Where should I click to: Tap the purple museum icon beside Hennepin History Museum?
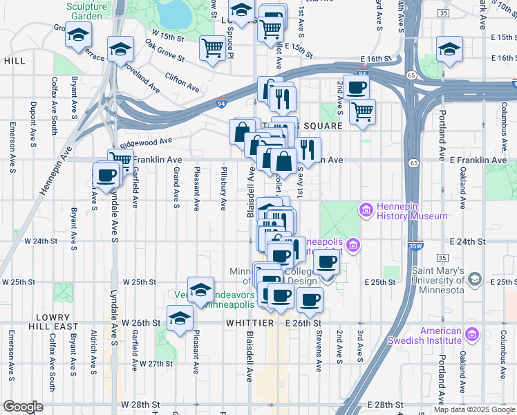[x=366, y=209]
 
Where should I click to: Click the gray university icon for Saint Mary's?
[x=474, y=279]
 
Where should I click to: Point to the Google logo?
[x=23, y=407]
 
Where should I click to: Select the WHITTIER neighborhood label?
[x=249, y=323]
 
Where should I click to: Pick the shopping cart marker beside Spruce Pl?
[x=212, y=48]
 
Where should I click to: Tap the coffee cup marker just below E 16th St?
[x=356, y=87]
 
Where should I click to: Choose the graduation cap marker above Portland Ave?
[x=449, y=48]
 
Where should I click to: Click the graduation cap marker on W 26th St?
[x=180, y=319]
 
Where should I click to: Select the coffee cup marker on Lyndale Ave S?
[x=106, y=174]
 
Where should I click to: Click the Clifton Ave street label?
[x=182, y=81]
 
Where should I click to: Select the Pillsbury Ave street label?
[x=223, y=187]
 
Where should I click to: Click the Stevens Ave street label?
[x=319, y=353]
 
